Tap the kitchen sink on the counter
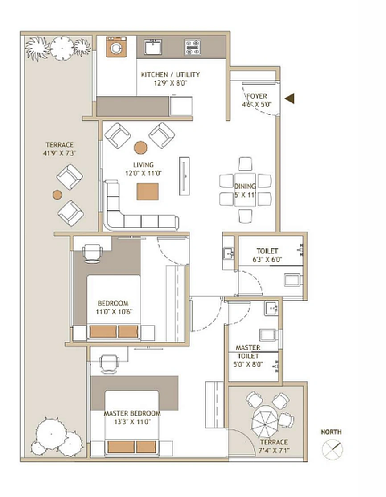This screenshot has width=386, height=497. (153, 47)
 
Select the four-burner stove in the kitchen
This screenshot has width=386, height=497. (193, 47)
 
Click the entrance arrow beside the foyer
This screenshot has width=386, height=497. (290, 98)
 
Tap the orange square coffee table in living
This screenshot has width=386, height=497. (148, 191)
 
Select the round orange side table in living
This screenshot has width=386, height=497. (140, 147)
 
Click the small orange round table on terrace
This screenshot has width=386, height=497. (57, 195)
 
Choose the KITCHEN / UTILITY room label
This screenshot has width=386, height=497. (170, 74)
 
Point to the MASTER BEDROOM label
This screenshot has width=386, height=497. (132, 413)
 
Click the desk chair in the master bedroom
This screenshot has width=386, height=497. (109, 363)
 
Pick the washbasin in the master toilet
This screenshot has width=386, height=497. (270, 308)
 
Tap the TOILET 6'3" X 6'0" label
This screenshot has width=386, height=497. (267, 255)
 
